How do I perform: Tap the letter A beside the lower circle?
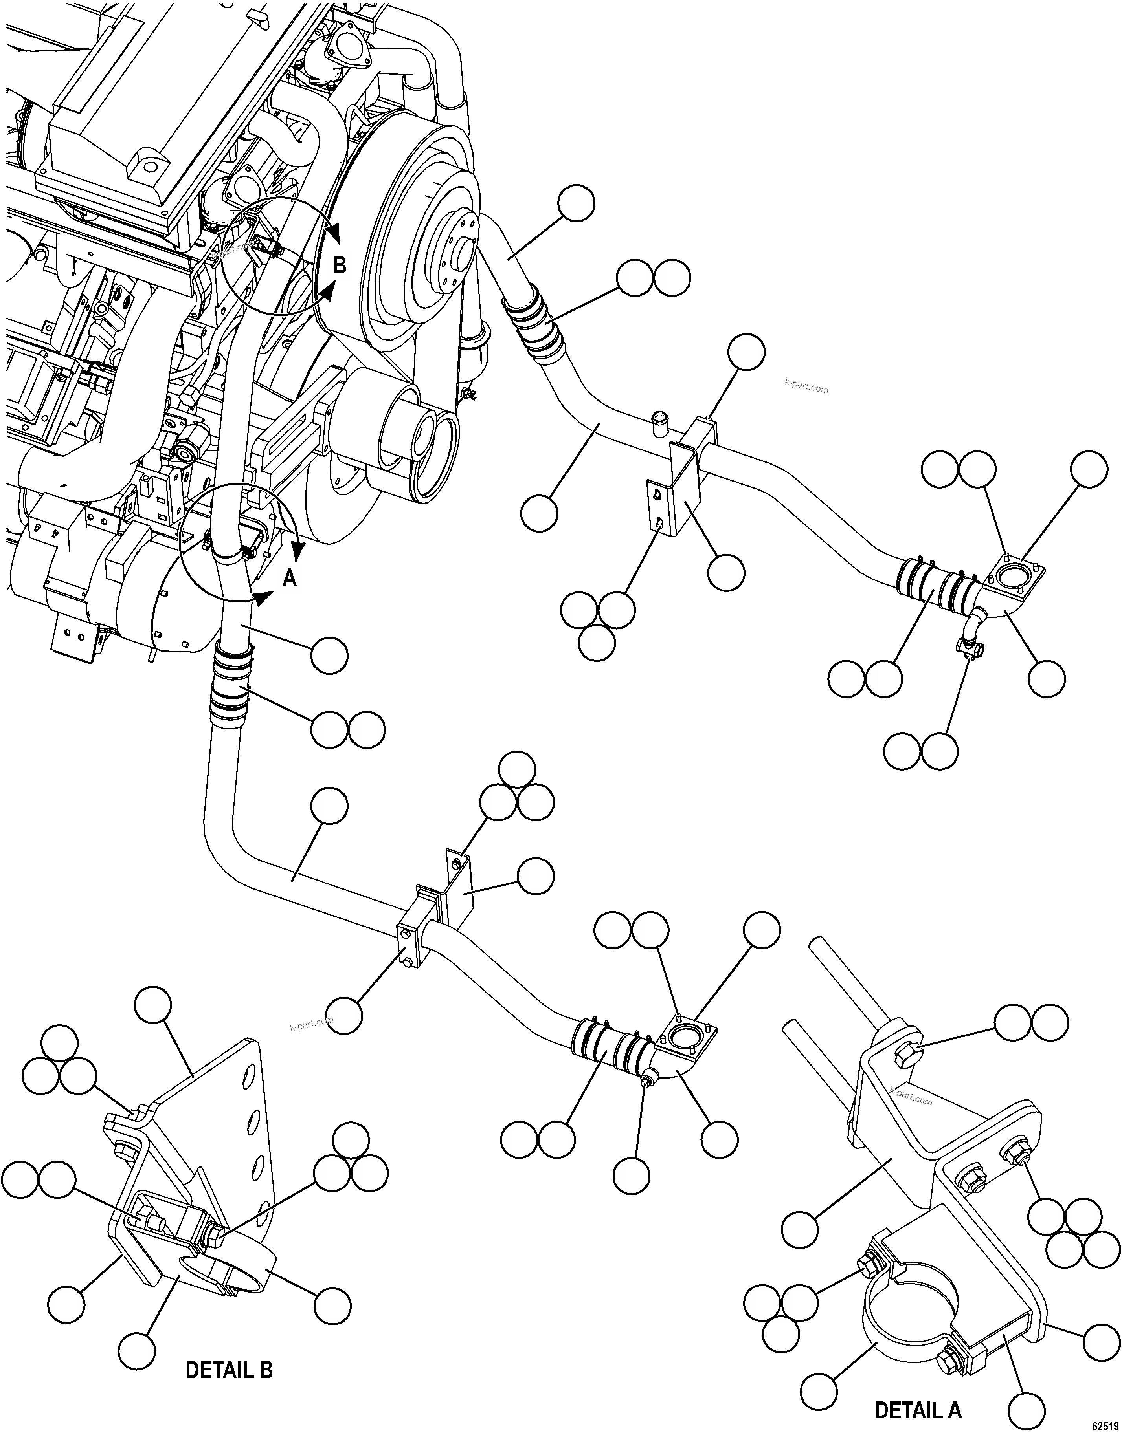(289, 578)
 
